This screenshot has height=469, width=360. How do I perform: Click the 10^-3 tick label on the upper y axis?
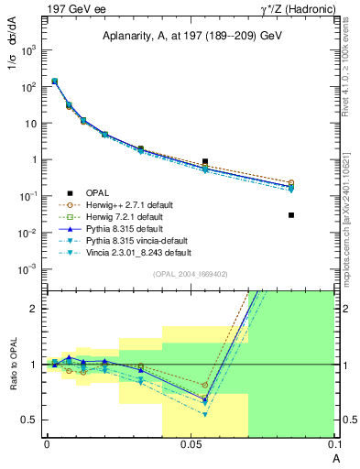[28, 268]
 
